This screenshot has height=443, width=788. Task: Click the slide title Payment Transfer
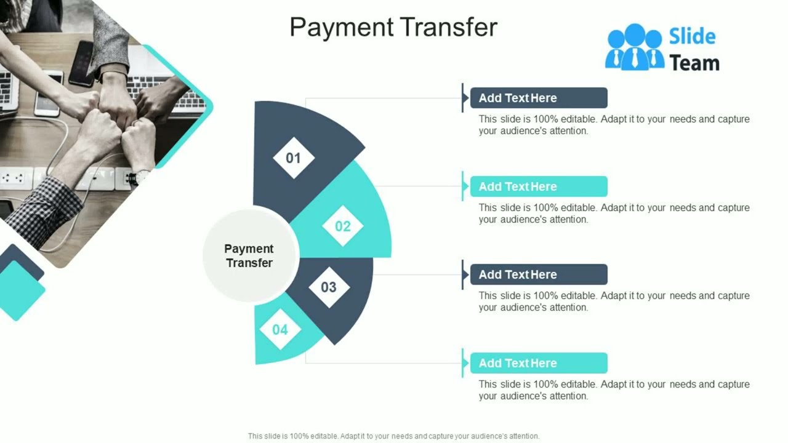click(393, 28)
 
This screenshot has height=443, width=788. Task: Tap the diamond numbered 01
click(294, 158)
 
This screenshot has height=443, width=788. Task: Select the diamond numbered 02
click(343, 226)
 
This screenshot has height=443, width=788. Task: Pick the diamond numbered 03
click(329, 287)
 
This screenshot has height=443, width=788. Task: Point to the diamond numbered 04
click(280, 330)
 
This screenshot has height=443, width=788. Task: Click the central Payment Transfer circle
click(249, 255)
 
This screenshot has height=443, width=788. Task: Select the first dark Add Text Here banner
click(539, 98)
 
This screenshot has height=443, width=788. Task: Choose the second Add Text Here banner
click(539, 186)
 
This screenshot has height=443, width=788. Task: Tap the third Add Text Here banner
click(539, 274)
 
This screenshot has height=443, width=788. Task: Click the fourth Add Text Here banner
click(539, 363)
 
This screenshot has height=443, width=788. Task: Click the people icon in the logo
click(635, 47)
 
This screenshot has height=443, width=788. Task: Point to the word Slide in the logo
click(693, 36)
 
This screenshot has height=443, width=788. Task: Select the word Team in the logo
click(694, 63)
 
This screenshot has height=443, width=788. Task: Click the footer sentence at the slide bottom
click(393, 436)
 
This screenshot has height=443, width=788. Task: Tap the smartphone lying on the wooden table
click(81, 63)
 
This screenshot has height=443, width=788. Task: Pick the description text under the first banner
click(614, 125)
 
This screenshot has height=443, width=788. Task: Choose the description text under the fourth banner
click(614, 390)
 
